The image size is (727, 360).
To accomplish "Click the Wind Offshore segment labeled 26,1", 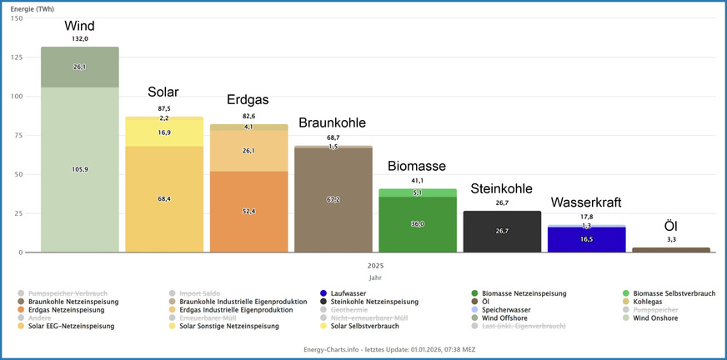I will pyautogui.click(x=80, y=67).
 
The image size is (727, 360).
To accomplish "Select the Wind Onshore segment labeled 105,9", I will pyautogui.click(x=80, y=169).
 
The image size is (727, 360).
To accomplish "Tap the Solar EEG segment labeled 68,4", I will pyautogui.click(x=164, y=199).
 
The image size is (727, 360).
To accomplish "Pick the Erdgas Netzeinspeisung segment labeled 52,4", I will pyautogui.click(x=248, y=212).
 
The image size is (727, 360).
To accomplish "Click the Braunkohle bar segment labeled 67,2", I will pyautogui.click(x=333, y=200).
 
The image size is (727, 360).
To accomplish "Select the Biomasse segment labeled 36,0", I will pyautogui.click(x=418, y=224).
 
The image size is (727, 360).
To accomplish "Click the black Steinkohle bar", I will pyautogui.click(x=502, y=232).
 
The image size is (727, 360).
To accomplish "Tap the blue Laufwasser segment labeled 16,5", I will pyautogui.click(x=586, y=239).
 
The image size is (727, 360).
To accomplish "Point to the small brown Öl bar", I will pyautogui.click(x=670, y=249).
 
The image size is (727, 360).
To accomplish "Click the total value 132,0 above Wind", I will pyautogui.click(x=80, y=38).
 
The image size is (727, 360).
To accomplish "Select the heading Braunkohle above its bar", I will pyautogui.click(x=333, y=122).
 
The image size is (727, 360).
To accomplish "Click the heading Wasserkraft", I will pyautogui.click(x=586, y=202).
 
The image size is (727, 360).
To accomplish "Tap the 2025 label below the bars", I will pyautogui.click(x=374, y=266).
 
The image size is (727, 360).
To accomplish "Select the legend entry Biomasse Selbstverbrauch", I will pyautogui.click(x=674, y=293).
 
